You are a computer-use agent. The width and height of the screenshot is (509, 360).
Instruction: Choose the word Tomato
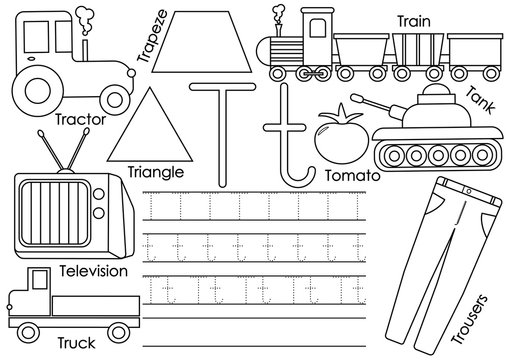coord(350,173)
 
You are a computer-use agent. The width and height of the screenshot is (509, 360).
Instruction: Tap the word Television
coord(94,271)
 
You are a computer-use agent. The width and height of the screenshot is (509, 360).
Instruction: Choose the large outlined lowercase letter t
coord(289,140)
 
